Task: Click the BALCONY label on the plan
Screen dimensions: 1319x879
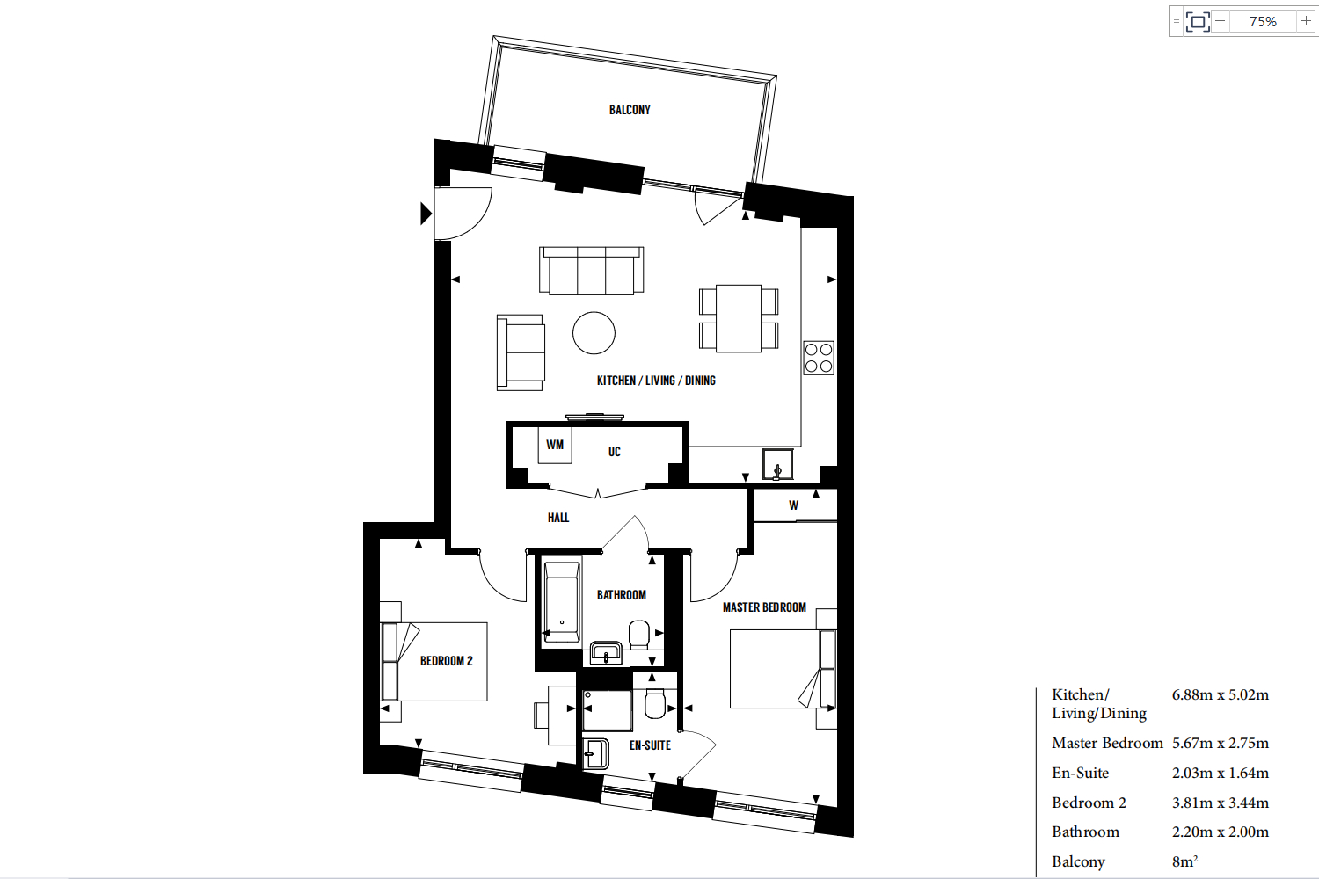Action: pos(630,110)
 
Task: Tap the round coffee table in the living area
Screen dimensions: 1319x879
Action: pos(594,332)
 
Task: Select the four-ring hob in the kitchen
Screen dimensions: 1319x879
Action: pos(819,358)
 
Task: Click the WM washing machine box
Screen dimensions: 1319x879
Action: pos(555,445)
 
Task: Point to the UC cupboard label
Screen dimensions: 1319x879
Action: pos(614,452)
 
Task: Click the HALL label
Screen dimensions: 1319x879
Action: pos(558,518)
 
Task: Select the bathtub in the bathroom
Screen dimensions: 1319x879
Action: pos(562,601)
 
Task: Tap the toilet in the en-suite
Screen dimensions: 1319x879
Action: pos(655,703)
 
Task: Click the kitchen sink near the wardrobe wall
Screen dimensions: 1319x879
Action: pos(777,464)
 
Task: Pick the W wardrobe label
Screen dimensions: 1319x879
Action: pos(794,505)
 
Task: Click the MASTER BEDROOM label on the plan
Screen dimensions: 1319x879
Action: pos(764,607)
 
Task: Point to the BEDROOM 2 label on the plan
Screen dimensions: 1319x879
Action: pos(447,661)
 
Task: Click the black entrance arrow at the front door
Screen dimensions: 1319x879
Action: pos(426,213)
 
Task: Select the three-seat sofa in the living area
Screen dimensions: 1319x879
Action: pos(591,270)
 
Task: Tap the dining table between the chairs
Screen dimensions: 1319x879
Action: pos(739,318)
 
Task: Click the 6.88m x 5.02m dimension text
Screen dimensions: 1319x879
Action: pos(1221,694)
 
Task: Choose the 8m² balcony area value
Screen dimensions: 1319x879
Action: pos(1184,861)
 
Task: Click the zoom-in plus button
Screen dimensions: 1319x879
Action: pos(1306,21)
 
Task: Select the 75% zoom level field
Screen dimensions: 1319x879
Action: pos(1263,21)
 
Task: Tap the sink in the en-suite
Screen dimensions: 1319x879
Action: pos(596,754)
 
